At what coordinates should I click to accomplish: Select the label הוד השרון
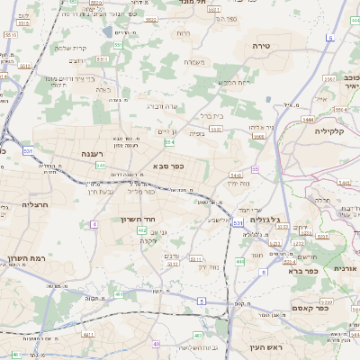[138, 219]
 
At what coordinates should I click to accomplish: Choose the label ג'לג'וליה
[263, 219]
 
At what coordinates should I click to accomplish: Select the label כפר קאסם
[310, 308]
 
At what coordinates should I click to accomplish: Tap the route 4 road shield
[94, 223]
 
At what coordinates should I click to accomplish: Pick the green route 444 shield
[240, 261]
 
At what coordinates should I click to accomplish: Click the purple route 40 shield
[157, 344]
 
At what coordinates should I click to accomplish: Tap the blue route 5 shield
[202, 300]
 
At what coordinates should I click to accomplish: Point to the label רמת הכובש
[220, 83]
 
